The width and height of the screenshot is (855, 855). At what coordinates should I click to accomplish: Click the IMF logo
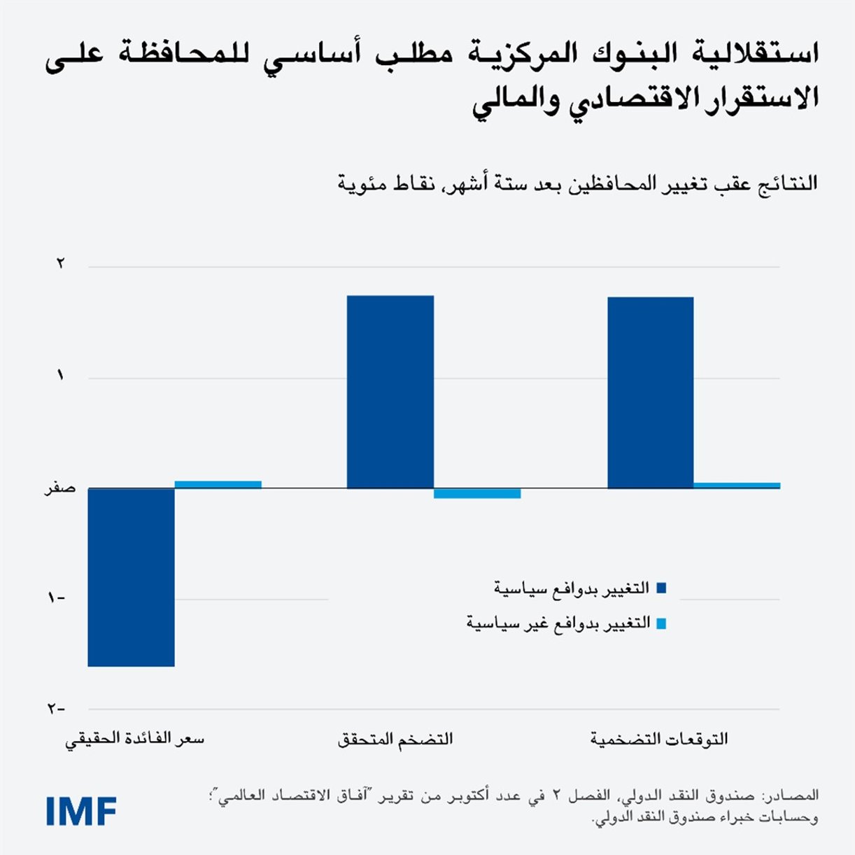click(81, 811)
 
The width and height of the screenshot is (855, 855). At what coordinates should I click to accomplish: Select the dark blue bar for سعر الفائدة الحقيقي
click(131, 577)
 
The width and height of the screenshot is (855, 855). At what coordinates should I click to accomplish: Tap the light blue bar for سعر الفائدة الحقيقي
click(218, 484)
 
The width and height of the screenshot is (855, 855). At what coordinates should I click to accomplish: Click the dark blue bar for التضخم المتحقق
click(390, 392)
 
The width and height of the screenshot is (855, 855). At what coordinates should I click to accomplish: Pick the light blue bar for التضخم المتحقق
click(477, 493)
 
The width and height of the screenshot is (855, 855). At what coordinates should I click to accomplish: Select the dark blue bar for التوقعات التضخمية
click(651, 393)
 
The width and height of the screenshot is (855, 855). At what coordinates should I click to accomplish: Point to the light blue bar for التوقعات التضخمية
click(737, 485)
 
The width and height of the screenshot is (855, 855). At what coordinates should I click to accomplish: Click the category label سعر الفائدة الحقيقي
click(134, 739)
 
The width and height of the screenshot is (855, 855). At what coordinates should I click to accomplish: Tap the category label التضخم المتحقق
click(395, 739)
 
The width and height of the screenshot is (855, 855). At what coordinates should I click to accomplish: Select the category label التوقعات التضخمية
click(658, 739)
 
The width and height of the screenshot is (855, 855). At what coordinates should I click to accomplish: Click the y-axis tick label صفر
click(60, 488)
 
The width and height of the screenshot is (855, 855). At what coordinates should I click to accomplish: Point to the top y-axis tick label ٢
click(61, 264)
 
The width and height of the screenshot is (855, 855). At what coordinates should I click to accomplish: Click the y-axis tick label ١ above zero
click(61, 376)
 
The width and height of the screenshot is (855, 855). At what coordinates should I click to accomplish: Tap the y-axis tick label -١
click(56, 598)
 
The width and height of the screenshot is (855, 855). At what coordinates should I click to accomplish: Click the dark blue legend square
click(661, 588)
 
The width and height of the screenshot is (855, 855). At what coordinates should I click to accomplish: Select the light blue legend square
click(661, 623)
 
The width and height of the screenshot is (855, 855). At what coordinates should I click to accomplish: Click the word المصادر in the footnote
click(794, 796)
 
